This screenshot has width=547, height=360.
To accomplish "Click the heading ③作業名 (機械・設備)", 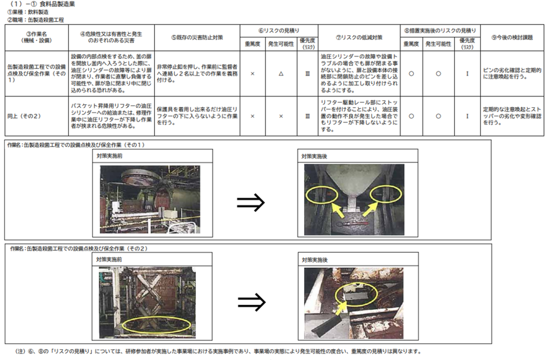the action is point(36,37).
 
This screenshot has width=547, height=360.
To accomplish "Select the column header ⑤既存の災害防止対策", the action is point(197,37).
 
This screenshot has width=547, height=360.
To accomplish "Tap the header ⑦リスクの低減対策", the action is point(359,37).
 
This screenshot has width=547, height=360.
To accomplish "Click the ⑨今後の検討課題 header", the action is point(512,37).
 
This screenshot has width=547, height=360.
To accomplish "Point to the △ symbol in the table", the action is point(281,73).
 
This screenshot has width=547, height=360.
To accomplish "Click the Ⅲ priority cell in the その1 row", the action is point(307,73).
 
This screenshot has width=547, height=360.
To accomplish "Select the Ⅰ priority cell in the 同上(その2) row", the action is point(467,116).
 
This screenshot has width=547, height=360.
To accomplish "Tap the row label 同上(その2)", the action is point(24,116).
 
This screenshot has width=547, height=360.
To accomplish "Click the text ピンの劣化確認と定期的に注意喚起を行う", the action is point(512,73).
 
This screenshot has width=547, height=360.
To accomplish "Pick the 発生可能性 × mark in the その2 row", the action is point(281,116).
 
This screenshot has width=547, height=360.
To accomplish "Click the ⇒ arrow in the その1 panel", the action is point(251,202).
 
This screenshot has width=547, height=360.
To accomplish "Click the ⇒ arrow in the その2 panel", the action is point(251,301).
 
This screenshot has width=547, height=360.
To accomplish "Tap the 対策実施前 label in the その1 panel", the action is point(109,156).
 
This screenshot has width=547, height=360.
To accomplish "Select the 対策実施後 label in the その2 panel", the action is point(314,260).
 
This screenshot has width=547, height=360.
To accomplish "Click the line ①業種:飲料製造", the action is point(28,12).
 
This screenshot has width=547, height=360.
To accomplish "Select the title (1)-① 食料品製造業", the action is point(42,4).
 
